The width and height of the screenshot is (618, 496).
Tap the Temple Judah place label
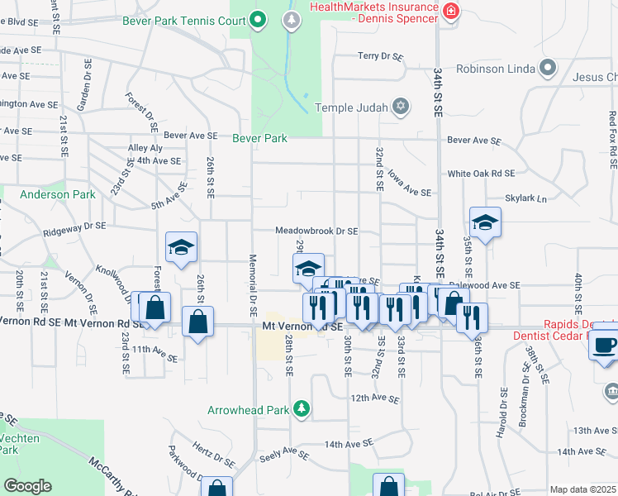[x=352, y=107]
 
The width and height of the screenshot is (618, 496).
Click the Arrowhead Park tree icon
[x=302, y=408]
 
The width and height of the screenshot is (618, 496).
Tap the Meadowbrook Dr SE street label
[x=316, y=231]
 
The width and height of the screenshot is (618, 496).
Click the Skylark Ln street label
[x=526, y=199]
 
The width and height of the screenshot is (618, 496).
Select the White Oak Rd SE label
[x=481, y=174]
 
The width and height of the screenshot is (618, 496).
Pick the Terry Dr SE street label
[x=380, y=56]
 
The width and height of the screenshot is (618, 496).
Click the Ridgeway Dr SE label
[x=74, y=225]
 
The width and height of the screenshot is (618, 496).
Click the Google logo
[x=28, y=486]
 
